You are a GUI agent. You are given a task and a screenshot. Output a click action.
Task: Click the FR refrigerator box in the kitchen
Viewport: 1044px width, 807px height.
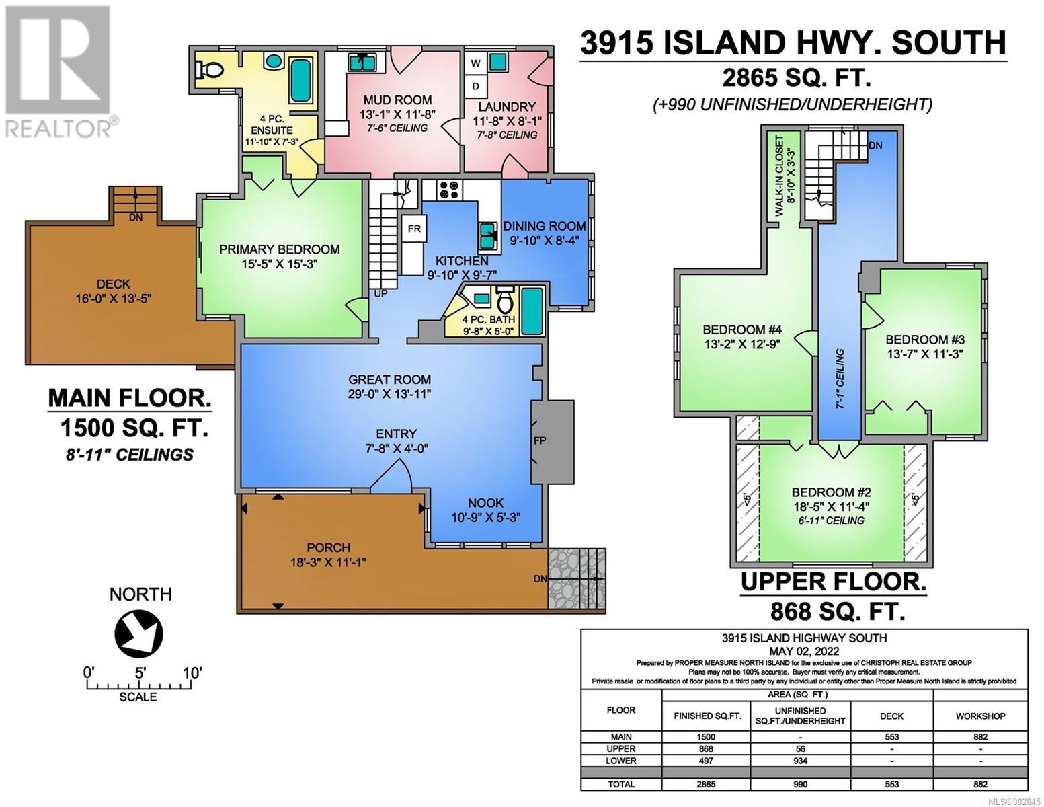[x=414, y=229]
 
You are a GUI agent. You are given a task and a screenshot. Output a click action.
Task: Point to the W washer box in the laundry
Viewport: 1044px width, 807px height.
[x=476, y=63]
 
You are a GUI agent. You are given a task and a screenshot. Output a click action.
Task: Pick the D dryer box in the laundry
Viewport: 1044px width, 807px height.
[x=476, y=87]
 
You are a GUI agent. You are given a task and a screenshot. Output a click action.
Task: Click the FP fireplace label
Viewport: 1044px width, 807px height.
[x=540, y=440]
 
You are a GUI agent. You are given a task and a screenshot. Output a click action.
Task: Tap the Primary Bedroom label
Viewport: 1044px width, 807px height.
[x=280, y=249]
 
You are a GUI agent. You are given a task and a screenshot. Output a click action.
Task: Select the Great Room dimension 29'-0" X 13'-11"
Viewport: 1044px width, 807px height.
[x=389, y=394]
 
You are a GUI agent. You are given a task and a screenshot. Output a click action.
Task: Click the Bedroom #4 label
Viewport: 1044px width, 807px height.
[x=742, y=330]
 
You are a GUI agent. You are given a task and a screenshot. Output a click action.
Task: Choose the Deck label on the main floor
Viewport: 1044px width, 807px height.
[x=114, y=284]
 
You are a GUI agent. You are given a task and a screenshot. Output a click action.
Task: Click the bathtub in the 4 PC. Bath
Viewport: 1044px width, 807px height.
[x=532, y=311]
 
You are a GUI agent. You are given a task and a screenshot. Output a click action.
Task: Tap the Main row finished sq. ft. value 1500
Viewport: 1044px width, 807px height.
[x=707, y=737]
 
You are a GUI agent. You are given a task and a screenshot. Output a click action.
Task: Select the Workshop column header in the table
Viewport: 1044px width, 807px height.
[x=980, y=716]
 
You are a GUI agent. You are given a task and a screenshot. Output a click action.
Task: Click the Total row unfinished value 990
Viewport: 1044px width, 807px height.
[x=800, y=784]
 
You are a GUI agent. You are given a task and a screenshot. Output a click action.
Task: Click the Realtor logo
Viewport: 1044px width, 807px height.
[x=58, y=71]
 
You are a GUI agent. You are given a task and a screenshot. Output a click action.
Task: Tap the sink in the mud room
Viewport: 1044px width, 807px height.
[x=362, y=62]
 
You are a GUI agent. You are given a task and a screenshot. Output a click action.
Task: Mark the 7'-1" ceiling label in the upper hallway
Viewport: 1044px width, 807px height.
[x=840, y=379]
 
